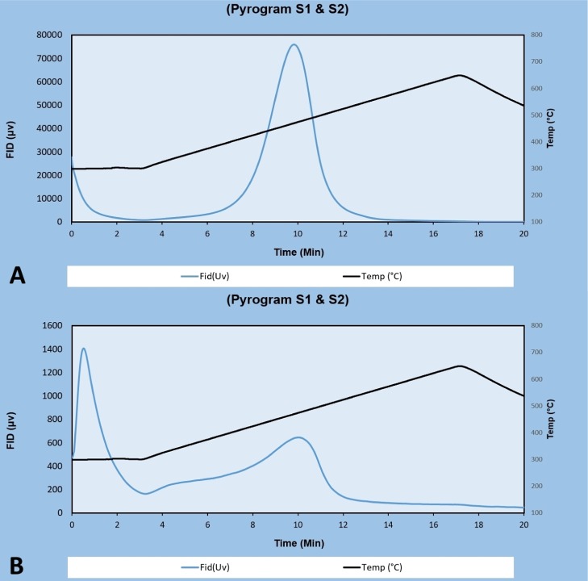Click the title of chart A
click(294, 9)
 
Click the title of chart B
click(294, 301)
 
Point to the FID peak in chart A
click(294, 44)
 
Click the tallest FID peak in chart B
click(83, 349)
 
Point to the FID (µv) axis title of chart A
click(12, 128)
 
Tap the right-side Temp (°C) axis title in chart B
click(573, 420)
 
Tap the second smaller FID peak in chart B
click(298, 437)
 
